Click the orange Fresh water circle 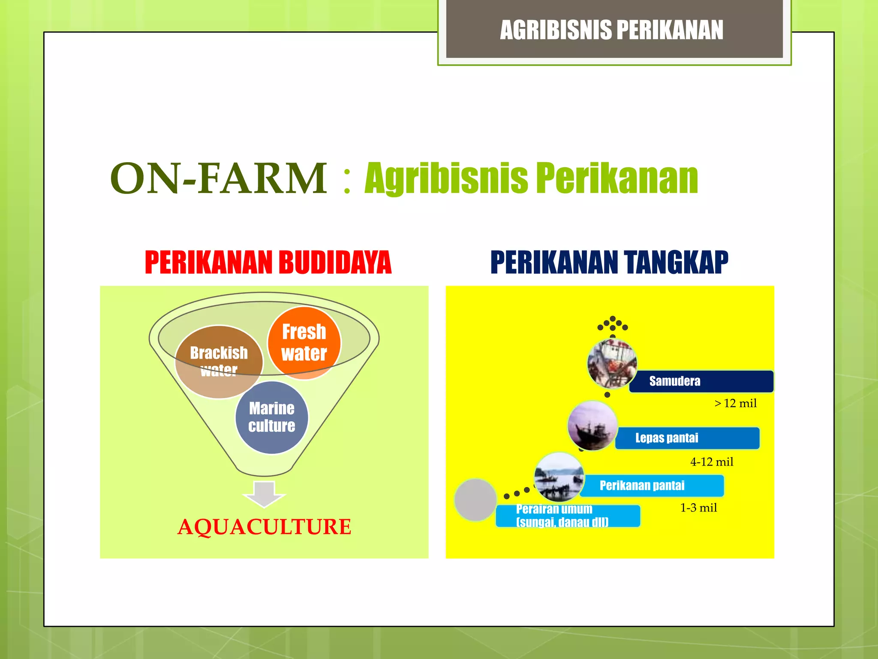(304, 343)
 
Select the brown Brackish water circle (219, 362)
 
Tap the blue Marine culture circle (271, 417)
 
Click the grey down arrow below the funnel (264, 494)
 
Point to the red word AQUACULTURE (264, 527)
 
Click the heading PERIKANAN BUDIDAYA (268, 262)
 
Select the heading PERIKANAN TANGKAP (609, 262)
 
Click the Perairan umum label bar (568, 516)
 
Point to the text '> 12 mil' (735, 403)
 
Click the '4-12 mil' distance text (712, 462)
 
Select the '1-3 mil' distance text (698, 508)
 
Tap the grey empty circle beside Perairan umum (475, 500)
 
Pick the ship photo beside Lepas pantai (592, 426)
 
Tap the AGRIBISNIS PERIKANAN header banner (612, 30)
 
